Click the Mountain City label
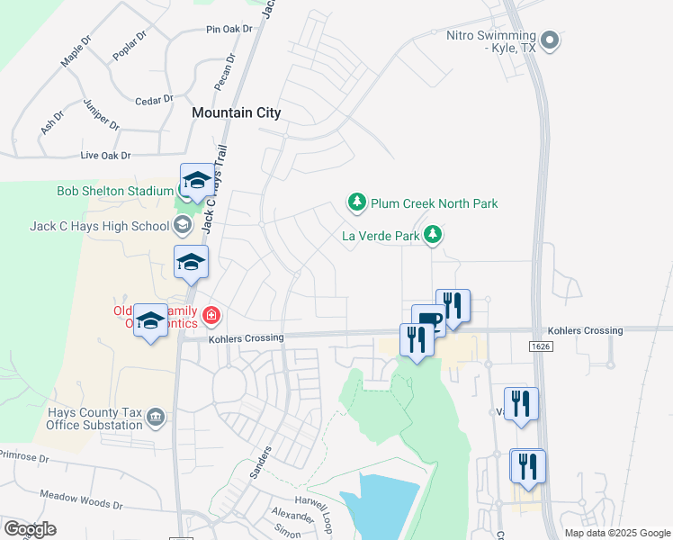(236, 112)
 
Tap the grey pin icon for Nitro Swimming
(552, 40)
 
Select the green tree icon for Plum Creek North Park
(357, 203)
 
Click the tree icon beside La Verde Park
(434, 235)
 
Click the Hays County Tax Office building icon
(156, 417)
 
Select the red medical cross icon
(211, 315)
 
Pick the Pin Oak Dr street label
(229, 30)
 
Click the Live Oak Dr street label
(105, 156)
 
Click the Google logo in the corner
(30, 529)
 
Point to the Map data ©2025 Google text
(616, 533)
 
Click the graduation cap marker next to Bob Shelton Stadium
(197, 181)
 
